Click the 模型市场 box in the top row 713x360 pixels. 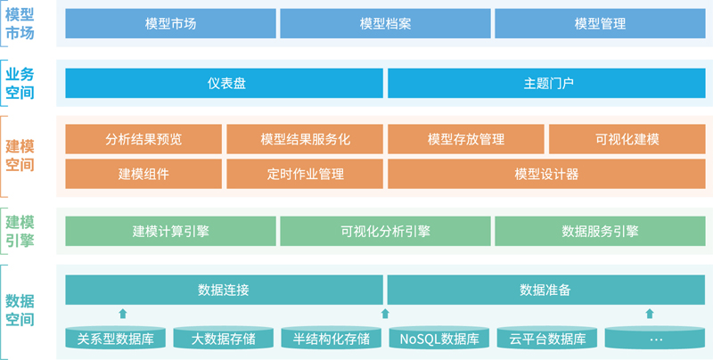coord(170,24)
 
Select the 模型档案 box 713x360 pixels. coord(385,24)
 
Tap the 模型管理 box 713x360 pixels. coord(600,24)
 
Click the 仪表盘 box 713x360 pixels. coord(225,83)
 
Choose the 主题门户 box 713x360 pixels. coord(546,83)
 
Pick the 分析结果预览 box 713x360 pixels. coord(143,139)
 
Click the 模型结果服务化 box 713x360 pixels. coord(305,139)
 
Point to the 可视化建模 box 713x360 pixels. coord(627,139)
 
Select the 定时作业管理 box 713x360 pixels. coord(305,174)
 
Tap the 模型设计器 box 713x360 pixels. coord(546,174)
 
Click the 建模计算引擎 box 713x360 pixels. coord(170,231)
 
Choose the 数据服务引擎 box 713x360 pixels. coord(600,231)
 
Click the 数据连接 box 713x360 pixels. coord(225,290)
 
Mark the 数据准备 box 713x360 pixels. coord(546,290)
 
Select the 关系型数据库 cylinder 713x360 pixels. coord(116,338)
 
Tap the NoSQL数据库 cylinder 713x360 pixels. coord(439,338)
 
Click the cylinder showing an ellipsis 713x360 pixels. coord(655,338)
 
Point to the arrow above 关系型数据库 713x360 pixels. coord(122,313)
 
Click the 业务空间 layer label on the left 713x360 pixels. coord(20,83)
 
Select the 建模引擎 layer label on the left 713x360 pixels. coord(20,231)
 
